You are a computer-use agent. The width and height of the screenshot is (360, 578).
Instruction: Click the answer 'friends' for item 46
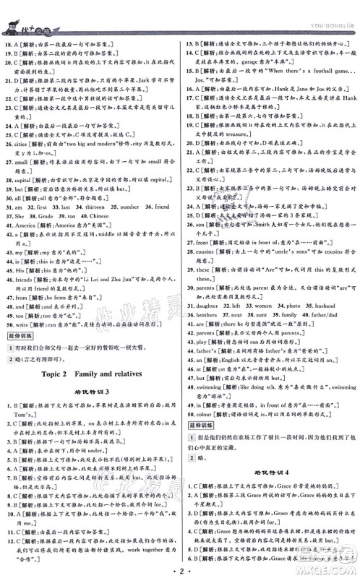[29, 278]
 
